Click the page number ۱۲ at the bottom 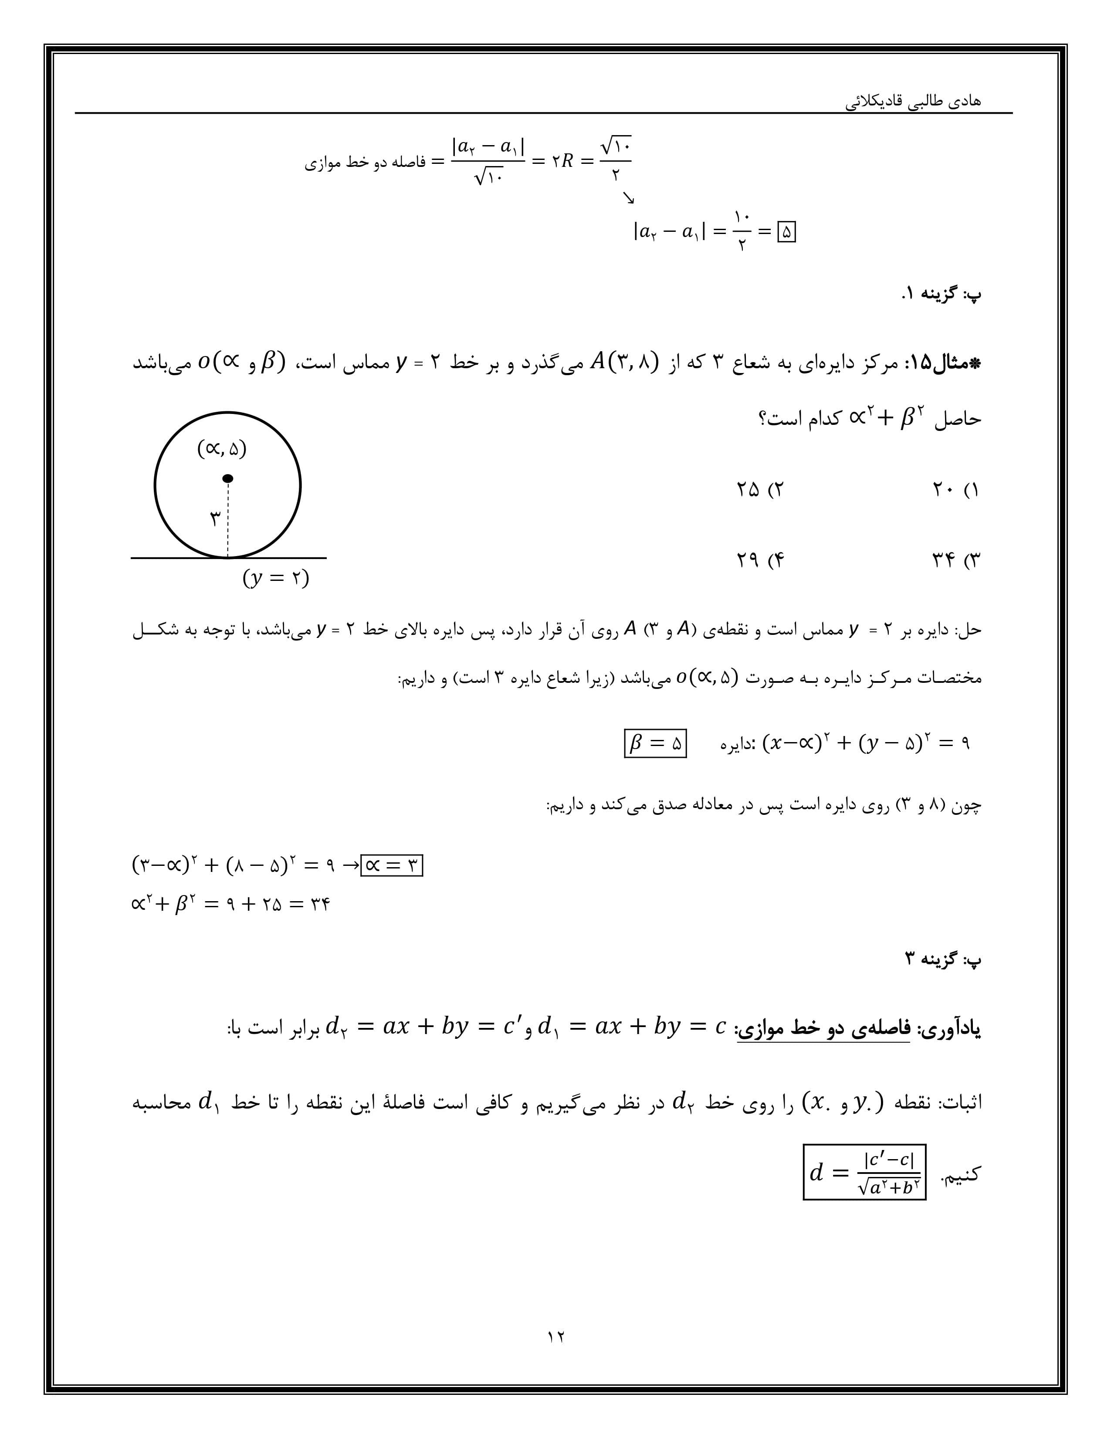click(555, 1336)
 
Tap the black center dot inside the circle click(228, 478)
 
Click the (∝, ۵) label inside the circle click(222, 449)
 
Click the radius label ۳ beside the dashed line click(215, 519)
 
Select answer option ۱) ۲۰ click(955, 490)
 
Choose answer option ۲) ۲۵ click(760, 490)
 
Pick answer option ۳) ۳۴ click(955, 560)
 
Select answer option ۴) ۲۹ click(760, 560)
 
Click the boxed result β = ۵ click(655, 743)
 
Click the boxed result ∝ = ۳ click(392, 865)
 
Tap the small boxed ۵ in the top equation click(786, 232)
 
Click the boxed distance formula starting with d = click(864, 1173)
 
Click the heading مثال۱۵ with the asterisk click(946, 363)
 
